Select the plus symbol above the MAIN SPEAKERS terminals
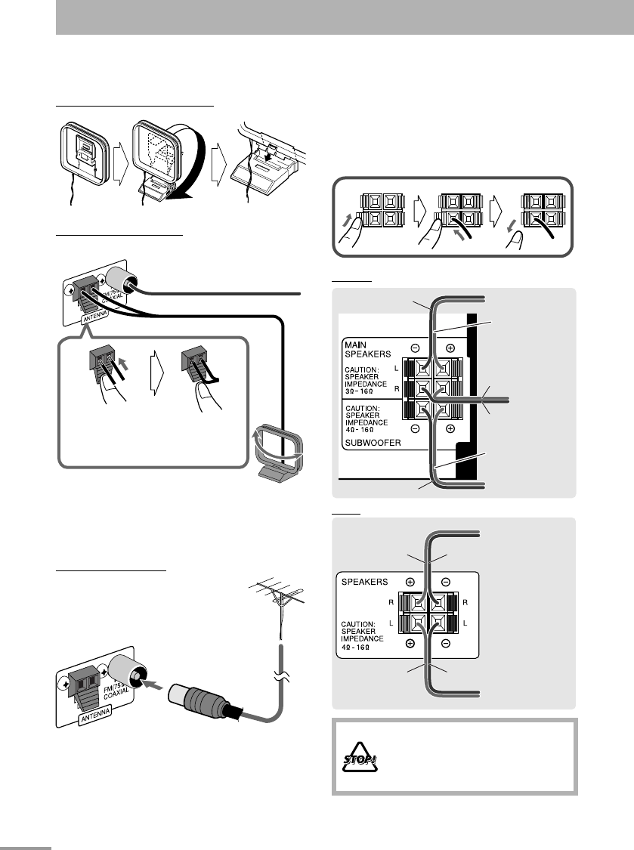[x=451, y=349]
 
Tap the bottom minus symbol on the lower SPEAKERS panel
[x=447, y=643]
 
